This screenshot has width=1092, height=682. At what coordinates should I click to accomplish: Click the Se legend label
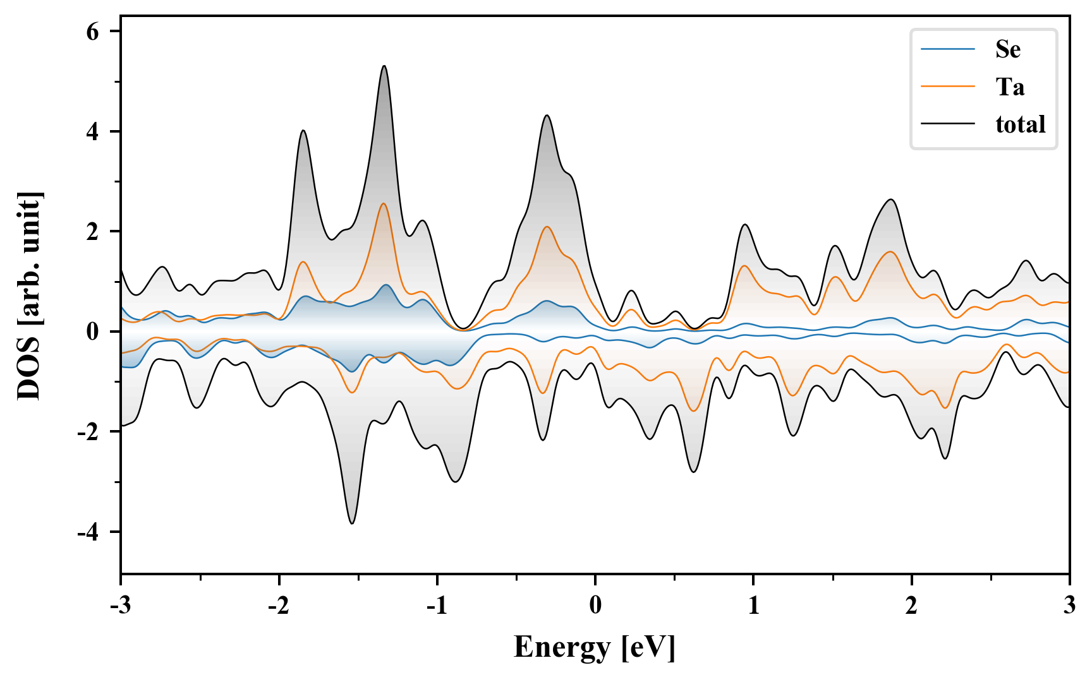tap(1007, 49)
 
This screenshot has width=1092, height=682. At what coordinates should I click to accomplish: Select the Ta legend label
tap(1010, 87)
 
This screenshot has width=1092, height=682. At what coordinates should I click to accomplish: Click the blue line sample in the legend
tap(948, 49)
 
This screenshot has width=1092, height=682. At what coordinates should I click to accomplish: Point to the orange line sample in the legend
tap(948, 87)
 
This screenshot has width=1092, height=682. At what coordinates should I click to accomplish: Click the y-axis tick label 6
tap(93, 32)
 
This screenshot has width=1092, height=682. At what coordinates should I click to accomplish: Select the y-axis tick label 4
tap(93, 131)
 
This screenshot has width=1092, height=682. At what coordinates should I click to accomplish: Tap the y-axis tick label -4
tap(88, 532)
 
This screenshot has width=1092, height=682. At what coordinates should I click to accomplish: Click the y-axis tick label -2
tap(88, 432)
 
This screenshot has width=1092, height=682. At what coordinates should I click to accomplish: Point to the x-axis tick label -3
tap(120, 606)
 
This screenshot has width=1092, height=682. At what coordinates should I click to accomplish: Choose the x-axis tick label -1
tap(437, 606)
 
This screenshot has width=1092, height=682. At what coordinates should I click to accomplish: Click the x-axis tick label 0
tap(595, 606)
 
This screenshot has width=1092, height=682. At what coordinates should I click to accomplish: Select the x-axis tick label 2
tap(911, 606)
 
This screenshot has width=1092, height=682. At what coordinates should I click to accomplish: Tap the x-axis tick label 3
tap(1069, 606)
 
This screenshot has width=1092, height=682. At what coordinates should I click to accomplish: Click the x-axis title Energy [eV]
tap(595, 647)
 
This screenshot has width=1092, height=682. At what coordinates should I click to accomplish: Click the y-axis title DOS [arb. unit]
tap(28, 296)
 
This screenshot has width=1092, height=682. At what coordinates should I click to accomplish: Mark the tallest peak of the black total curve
tap(384, 66)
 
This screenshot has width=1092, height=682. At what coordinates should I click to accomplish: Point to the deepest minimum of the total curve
tap(352, 523)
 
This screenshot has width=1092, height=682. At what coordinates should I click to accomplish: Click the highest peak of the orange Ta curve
tap(383, 203)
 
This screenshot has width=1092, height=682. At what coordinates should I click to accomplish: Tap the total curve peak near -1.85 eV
tap(303, 131)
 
